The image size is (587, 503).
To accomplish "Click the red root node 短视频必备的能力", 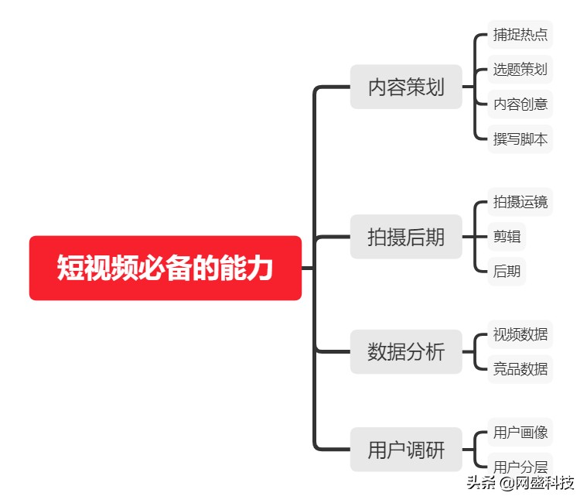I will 165,268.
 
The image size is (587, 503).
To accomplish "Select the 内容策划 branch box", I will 406,87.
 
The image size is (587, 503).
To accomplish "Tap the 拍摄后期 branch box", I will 406,237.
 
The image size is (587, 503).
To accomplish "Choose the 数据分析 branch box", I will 406,351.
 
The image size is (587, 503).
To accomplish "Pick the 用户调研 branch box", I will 406,450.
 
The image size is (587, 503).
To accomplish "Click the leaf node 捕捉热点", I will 520,35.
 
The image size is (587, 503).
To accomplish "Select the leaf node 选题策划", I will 520,69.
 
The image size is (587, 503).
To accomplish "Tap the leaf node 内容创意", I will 520,104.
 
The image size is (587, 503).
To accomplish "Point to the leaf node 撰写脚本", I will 520,139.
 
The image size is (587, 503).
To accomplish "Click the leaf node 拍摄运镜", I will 520,202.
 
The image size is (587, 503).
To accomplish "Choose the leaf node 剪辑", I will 507,237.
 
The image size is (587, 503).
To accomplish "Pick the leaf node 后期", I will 507,272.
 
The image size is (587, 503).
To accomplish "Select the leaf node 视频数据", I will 520,334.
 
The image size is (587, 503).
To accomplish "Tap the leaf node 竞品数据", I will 520,369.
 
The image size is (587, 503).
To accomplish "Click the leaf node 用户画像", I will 520,432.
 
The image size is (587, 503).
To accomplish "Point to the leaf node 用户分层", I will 520,466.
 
